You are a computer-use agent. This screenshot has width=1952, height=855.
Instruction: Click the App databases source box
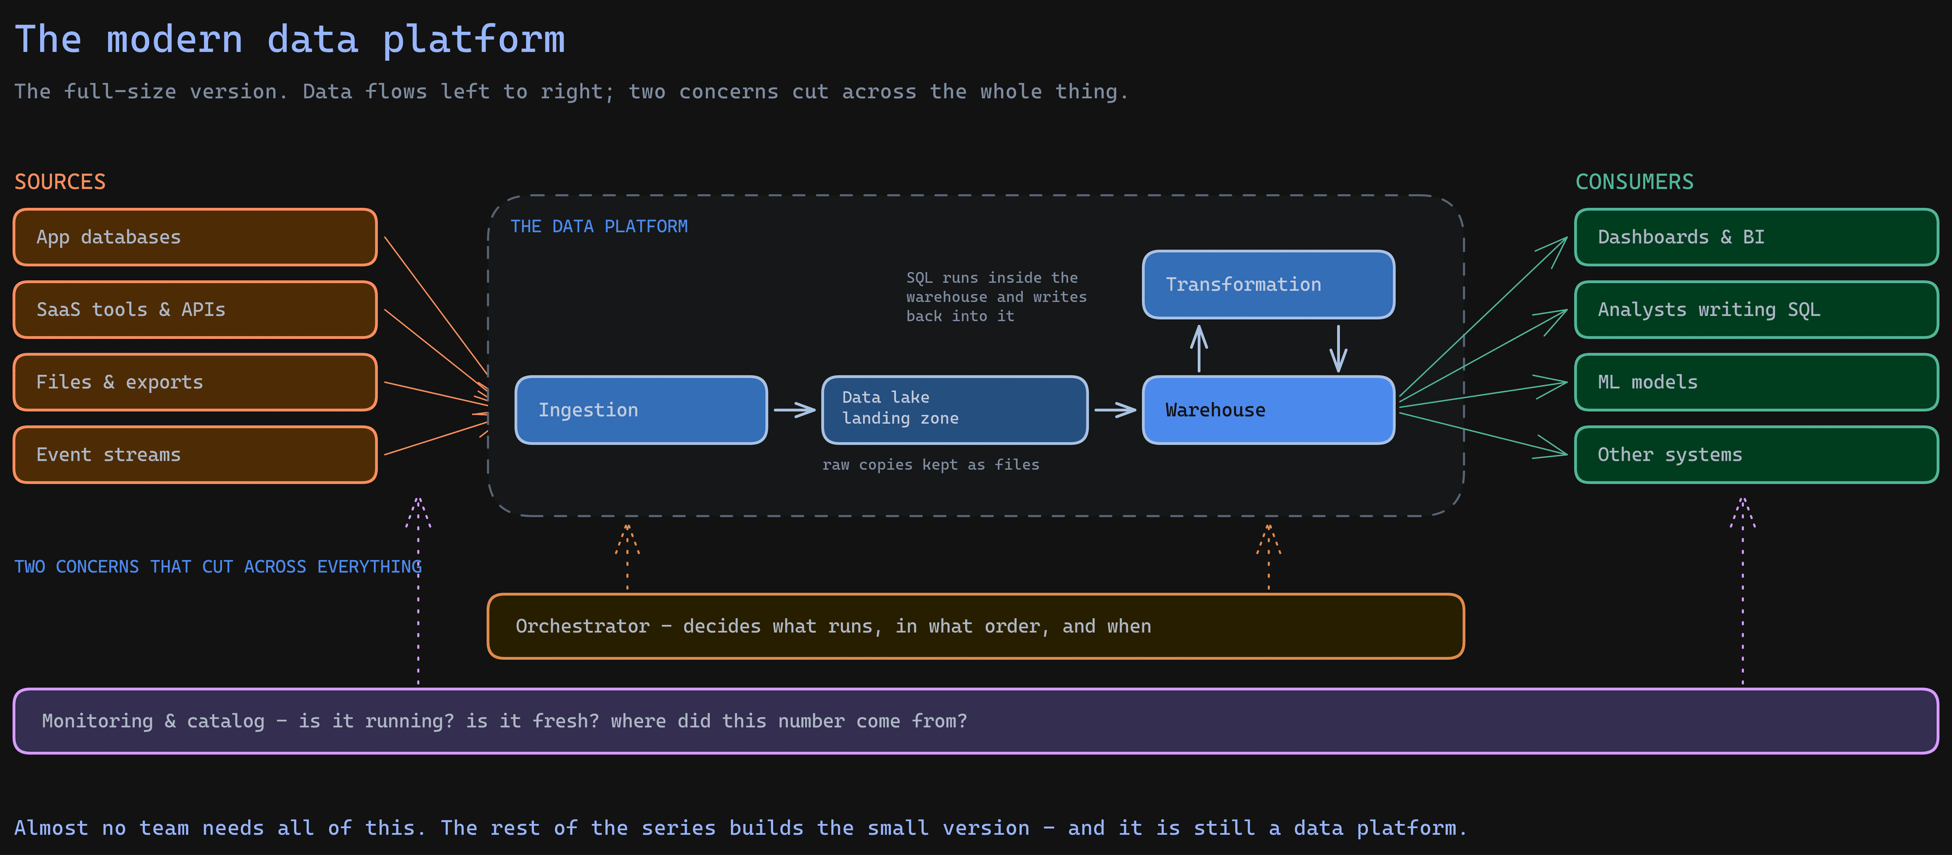(x=195, y=237)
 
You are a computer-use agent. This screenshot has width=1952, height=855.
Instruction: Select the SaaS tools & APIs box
(x=195, y=309)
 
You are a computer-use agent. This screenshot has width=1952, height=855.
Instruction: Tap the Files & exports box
(x=195, y=382)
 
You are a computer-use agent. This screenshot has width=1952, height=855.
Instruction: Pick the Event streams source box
(x=195, y=455)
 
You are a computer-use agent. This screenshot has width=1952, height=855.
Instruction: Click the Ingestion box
(x=641, y=410)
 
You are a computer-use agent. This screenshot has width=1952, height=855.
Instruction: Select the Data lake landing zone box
(x=955, y=410)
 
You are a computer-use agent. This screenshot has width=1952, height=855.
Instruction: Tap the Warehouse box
(x=1268, y=410)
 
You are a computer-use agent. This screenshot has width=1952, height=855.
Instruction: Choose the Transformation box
(x=1268, y=284)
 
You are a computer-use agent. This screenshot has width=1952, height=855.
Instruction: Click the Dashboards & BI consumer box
(x=1756, y=237)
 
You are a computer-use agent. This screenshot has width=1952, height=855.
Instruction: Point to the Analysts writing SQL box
(x=1756, y=309)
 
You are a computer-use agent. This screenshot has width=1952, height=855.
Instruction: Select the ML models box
(x=1756, y=382)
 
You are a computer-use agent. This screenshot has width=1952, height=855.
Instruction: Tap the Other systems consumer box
(x=1756, y=455)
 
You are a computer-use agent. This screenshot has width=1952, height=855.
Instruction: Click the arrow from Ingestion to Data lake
(x=795, y=410)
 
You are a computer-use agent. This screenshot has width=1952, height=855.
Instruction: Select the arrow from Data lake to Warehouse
(x=1115, y=410)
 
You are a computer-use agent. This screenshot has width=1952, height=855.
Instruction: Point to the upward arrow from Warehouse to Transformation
(x=1199, y=349)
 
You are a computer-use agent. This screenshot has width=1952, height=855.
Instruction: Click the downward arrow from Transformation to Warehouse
(x=1338, y=349)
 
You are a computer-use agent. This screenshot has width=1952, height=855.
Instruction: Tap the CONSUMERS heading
(x=1634, y=182)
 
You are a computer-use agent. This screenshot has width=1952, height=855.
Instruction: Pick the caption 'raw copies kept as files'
(x=930, y=464)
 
